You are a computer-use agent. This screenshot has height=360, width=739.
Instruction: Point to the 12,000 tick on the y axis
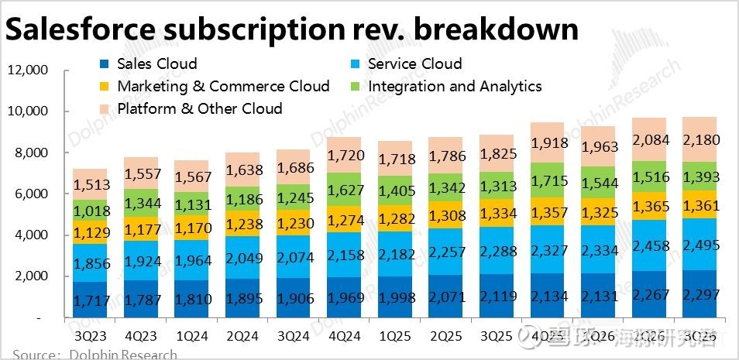pos(28,70)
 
